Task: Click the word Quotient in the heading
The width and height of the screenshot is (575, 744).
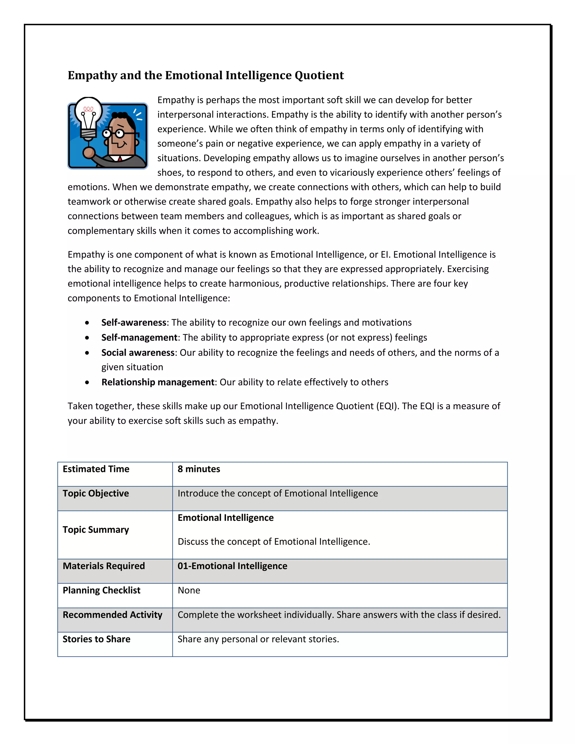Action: click(319, 75)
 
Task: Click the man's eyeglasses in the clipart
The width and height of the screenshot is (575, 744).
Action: click(114, 133)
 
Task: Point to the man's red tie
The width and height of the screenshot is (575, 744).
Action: click(120, 159)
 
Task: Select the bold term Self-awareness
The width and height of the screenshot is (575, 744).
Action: click(134, 322)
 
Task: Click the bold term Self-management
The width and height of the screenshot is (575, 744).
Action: click(139, 337)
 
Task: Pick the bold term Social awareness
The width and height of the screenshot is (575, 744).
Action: click(138, 352)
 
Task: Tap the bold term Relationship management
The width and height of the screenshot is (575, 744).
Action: click(158, 382)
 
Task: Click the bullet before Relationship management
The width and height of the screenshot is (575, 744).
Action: click(87, 383)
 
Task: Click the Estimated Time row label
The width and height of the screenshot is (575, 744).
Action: click(96, 469)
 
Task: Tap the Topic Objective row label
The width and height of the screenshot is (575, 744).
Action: click(96, 493)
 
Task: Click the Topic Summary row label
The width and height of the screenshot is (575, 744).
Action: click(96, 530)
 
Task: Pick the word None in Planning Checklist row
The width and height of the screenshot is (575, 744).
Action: click(189, 590)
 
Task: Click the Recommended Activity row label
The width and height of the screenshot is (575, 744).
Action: click(112, 615)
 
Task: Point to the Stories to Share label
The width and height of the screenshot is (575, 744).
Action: click(96, 639)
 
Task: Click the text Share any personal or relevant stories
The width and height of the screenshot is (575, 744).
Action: click(258, 639)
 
